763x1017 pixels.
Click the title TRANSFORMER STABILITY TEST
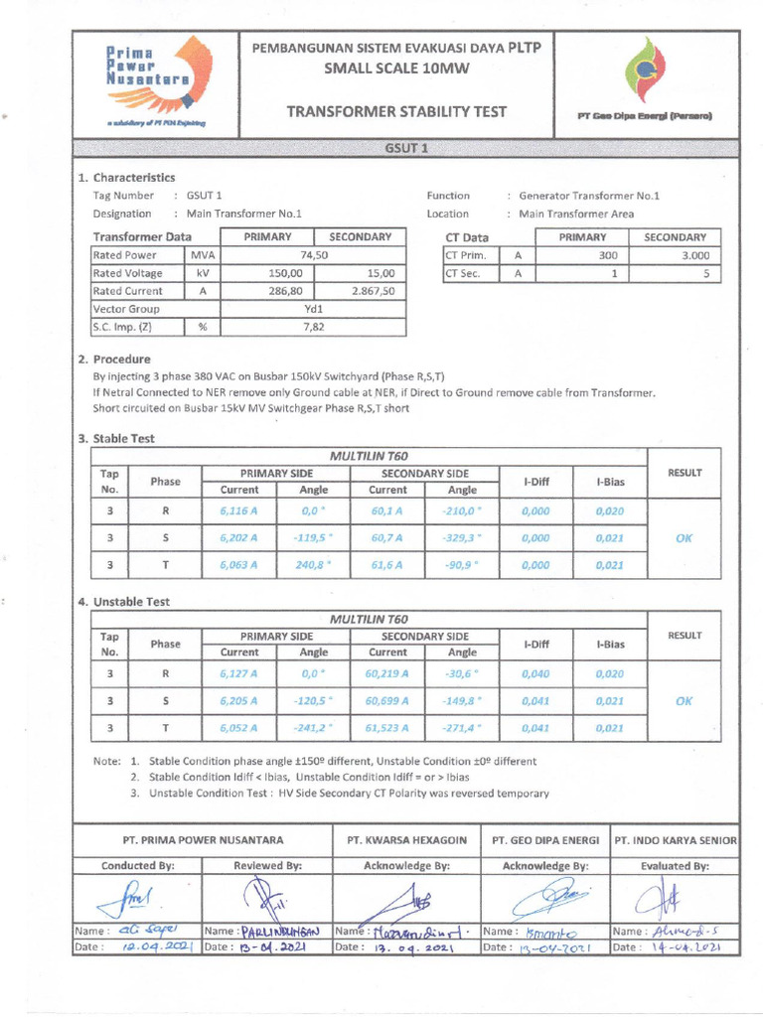(397, 111)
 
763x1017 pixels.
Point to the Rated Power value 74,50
(314, 255)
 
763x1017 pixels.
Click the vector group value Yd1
(314, 309)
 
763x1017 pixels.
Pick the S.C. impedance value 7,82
(314, 327)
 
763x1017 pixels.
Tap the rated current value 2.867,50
(373, 291)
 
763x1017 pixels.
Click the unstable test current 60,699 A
(387, 700)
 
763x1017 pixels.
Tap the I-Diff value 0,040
(535, 673)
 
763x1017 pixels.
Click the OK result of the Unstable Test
(684, 700)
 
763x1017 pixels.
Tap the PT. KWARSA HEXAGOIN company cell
(406, 840)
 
